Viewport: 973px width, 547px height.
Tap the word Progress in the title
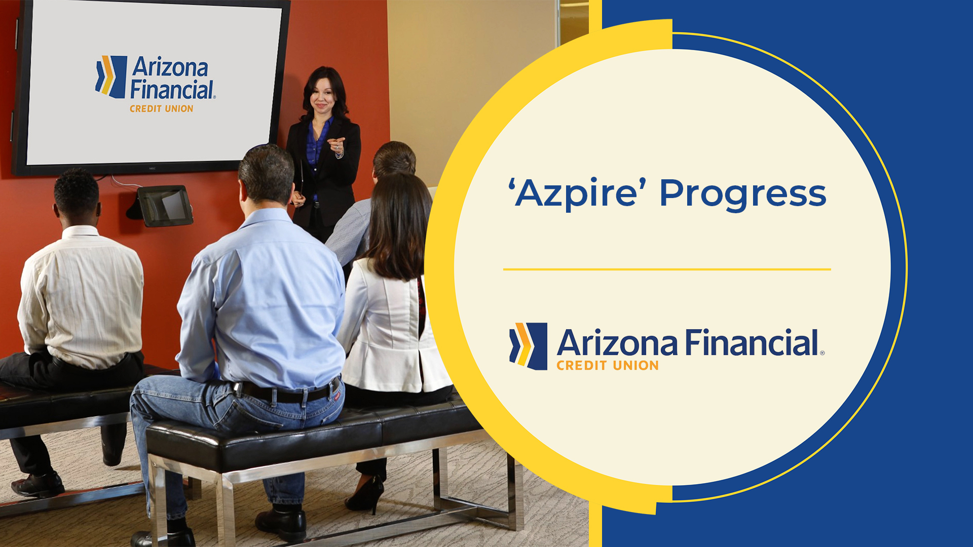click(742, 194)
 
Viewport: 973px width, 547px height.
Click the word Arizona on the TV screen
click(170, 67)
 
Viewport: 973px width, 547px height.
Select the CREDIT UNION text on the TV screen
click(161, 109)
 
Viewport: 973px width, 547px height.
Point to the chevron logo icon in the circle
click(528, 346)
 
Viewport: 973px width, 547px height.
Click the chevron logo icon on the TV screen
click(110, 76)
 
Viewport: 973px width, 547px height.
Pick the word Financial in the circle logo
click(752, 343)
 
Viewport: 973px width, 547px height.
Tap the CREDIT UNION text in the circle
click(607, 366)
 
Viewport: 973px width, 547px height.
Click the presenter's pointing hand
click(336, 145)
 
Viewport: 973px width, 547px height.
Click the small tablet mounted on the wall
click(165, 205)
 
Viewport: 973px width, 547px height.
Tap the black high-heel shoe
click(366, 494)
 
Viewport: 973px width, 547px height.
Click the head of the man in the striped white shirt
click(77, 195)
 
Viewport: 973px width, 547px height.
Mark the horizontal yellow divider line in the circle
click(666, 269)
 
